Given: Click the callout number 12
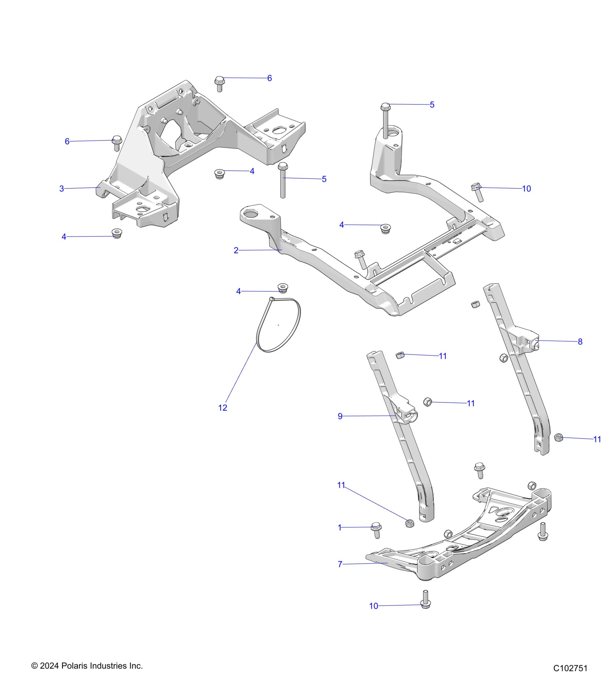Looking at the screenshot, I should pos(222,408).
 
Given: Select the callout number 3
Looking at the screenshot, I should pos(61,189).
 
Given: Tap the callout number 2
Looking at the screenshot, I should pos(236,250).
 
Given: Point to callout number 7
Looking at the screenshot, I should pos(340,564).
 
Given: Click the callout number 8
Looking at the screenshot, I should pos(580,341).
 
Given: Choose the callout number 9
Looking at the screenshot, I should pos(340,416).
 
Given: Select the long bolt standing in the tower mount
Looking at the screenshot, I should pos(386,119).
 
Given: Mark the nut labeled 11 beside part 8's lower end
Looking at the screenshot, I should pos(559,437).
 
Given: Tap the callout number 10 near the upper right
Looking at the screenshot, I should pos(526,189).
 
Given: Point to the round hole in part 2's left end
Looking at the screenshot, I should pos(250,214).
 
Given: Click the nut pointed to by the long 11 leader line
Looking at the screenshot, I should pos(410,523).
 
